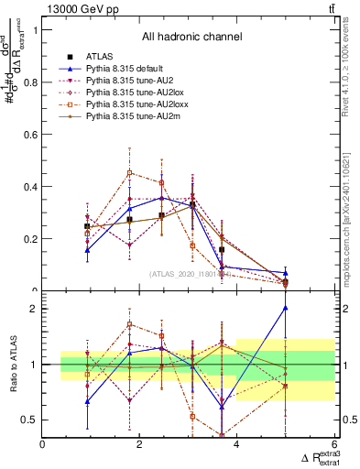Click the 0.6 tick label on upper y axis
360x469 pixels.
pyautogui.click(x=31, y=135)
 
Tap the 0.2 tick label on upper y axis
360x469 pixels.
pyautogui.click(x=31, y=239)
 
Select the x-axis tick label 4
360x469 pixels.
pyautogui.click(x=237, y=445)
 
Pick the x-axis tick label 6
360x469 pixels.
pyautogui.click(x=334, y=445)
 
